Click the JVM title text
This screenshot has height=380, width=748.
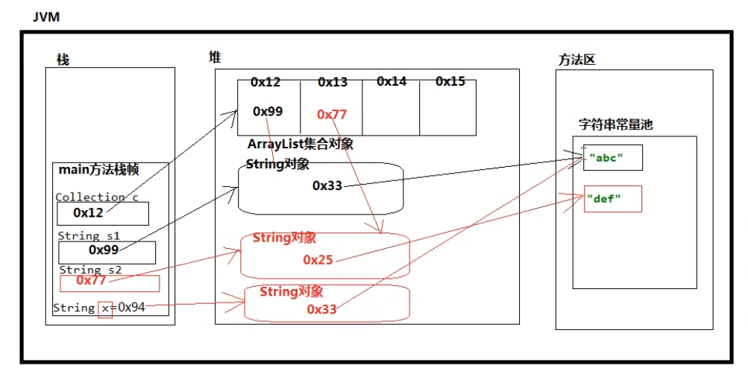point(45,17)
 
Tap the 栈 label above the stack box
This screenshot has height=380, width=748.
point(63,60)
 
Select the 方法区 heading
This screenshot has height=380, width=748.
point(577,60)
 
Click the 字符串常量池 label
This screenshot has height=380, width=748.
point(615,124)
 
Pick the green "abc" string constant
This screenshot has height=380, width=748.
point(606,157)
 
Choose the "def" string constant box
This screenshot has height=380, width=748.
point(612,199)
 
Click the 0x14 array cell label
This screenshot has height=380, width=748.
point(392,81)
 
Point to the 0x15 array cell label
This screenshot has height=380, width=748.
point(450,81)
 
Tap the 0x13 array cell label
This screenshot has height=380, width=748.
point(333,82)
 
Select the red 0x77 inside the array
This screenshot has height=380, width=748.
point(332,114)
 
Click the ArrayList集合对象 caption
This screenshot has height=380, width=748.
point(301,145)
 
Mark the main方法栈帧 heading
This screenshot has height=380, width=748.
point(98,171)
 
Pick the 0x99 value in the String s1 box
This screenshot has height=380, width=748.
point(104,250)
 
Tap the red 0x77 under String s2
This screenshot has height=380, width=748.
point(91,280)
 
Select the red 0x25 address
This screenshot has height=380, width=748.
point(318,259)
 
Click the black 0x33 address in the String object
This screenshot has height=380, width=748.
point(327,185)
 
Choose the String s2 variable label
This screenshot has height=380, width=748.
point(90,269)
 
